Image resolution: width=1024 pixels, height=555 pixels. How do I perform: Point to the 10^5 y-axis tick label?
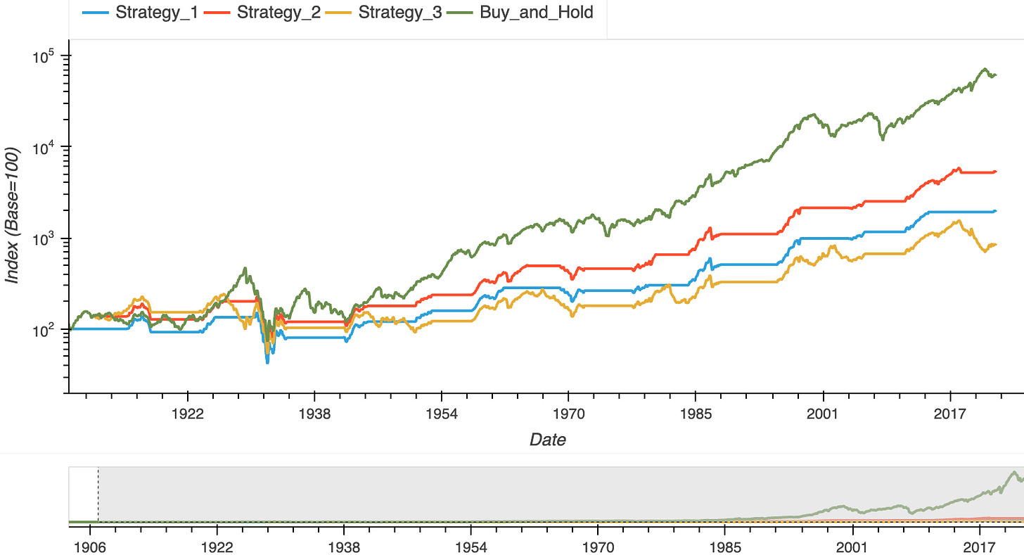click(x=46, y=56)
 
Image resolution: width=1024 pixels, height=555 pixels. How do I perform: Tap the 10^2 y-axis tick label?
click(x=46, y=329)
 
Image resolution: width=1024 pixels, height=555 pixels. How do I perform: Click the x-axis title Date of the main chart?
click(x=547, y=440)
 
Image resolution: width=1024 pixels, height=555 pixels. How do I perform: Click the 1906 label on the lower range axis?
click(x=89, y=547)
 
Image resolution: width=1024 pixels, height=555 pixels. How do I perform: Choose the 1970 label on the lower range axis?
click(x=597, y=547)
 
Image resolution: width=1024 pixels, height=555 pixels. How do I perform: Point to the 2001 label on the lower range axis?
click(x=852, y=547)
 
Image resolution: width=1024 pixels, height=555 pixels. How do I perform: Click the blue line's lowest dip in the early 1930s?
click(x=267, y=362)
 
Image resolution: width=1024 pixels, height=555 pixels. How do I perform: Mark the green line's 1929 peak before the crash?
click(x=245, y=268)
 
